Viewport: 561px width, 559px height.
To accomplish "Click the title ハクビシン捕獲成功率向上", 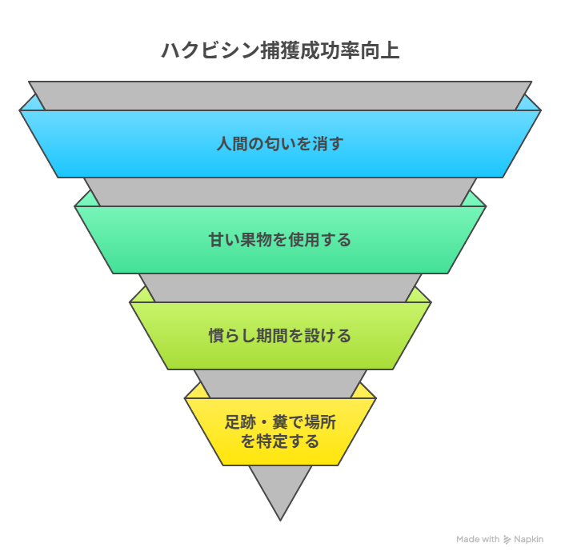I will [x=280, y=50].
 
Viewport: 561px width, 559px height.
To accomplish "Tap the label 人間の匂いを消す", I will [x=280, y=144].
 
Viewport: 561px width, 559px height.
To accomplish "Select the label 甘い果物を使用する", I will [x=280, y=240].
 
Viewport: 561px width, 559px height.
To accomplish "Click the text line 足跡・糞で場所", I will [x=280, y=422].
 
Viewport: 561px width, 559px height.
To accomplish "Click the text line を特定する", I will [x=280, y=441].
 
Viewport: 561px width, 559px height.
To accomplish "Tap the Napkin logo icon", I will [x=507, y=540].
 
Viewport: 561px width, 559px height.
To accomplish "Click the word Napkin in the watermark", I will [x=528, y=540].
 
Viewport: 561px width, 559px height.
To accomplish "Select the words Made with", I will [x=478, y=540].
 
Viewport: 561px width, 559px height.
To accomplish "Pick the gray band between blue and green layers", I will [x=280, y=191].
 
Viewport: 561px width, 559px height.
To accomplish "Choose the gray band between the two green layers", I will [x=280, y=287].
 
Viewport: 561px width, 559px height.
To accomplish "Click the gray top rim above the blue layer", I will [x=280, y=94].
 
